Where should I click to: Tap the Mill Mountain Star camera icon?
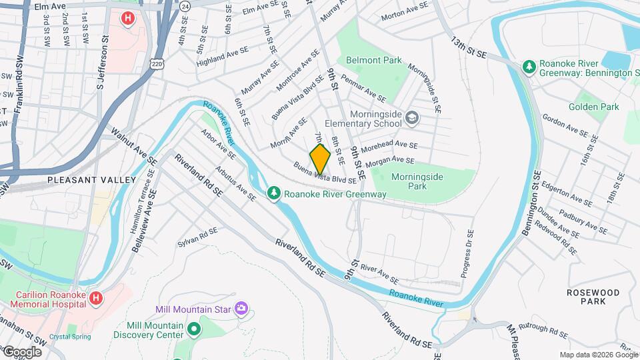(241, 309)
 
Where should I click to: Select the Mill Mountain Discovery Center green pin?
(194, 329)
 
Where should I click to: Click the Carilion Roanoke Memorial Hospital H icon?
(95, 298)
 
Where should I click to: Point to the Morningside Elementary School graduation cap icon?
(413, 118)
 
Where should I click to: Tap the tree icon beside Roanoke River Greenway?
(273, 193)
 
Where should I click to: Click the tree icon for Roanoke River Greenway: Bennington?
(529, 67)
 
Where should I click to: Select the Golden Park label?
(594, 107)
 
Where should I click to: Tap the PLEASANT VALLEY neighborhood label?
(91, 180)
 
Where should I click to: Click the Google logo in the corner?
(22, 352)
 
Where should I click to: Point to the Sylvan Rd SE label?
(198, 238)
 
